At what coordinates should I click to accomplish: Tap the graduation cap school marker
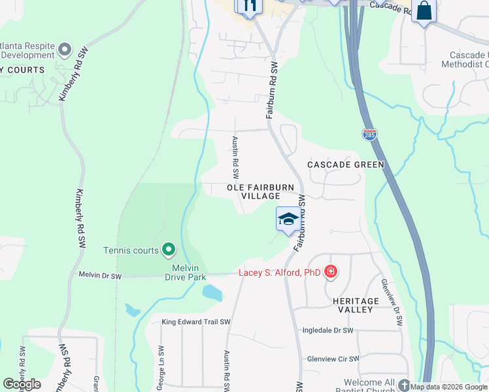tap(288, 220)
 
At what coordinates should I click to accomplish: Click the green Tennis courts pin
tap(169, 250)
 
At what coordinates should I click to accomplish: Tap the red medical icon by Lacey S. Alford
tap(331, 272)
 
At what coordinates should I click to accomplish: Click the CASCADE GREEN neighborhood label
tap(346, 165)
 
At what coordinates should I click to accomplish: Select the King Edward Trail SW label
tap(197, 322)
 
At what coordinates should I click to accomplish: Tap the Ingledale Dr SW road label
tap(328, 331)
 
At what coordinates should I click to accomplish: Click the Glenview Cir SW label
tap(333, 359)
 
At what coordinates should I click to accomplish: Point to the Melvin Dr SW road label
tap(100, 276)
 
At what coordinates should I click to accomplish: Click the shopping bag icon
tap(424, 11)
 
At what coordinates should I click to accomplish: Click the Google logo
tap(22, 384)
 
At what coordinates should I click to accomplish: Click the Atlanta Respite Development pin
tap(64, 49)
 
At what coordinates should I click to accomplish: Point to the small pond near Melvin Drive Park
tap(213, 292)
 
